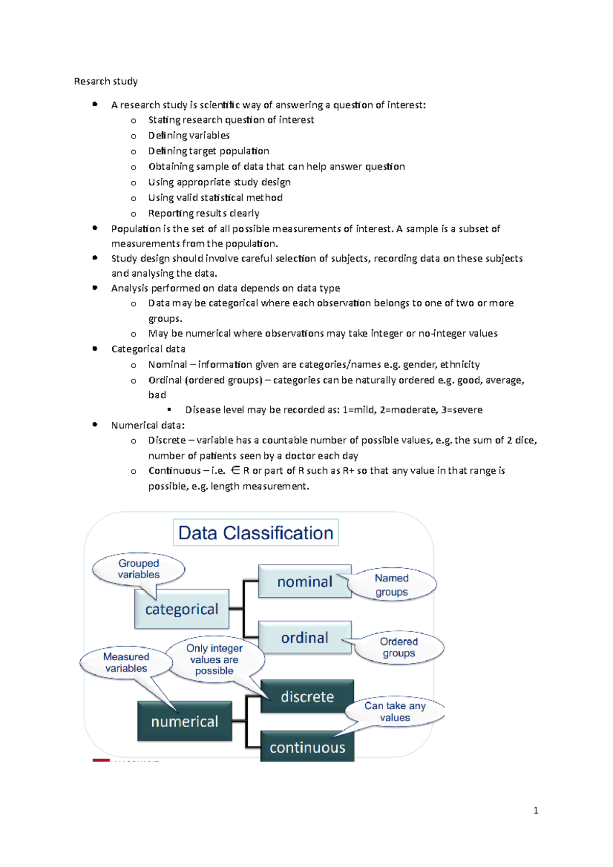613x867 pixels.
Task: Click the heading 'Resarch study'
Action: pos(106,81)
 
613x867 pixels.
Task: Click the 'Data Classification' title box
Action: pos(255,533)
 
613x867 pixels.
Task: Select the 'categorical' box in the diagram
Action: pos(181,609)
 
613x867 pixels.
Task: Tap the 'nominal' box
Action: pos(304,582)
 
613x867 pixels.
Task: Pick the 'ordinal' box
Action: pos(304,638)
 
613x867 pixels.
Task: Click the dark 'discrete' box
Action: pos(307,696)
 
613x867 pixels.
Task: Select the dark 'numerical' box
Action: pos(184,721)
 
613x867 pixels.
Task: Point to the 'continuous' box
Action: pos(307,748)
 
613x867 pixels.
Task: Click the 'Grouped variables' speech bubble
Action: pos(138,569)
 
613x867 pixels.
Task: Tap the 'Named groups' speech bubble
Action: pos(392,585)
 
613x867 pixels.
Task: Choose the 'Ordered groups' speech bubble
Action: pos(399,647)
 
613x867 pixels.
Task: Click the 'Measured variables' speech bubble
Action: pos(126,662)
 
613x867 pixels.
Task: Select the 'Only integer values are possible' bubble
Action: pos(214,659)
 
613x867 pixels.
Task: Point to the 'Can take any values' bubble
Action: pos(395,711)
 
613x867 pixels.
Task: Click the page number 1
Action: pos(535,810)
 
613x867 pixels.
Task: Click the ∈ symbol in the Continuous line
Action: pos(235,471)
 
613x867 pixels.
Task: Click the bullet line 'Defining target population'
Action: pos(208,151)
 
